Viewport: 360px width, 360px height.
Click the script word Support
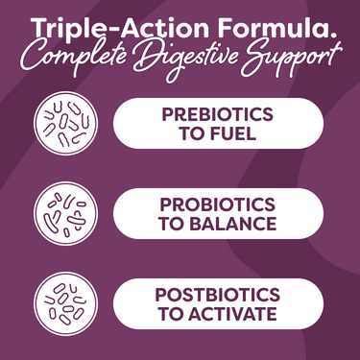(x=289, y=59)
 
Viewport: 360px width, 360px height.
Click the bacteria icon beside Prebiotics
(x=60, y=124)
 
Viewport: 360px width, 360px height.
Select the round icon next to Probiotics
(x=60, y=213)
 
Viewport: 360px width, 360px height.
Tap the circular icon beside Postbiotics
(x=60, y=302)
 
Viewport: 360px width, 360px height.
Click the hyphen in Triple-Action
(x=108, y=26)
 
